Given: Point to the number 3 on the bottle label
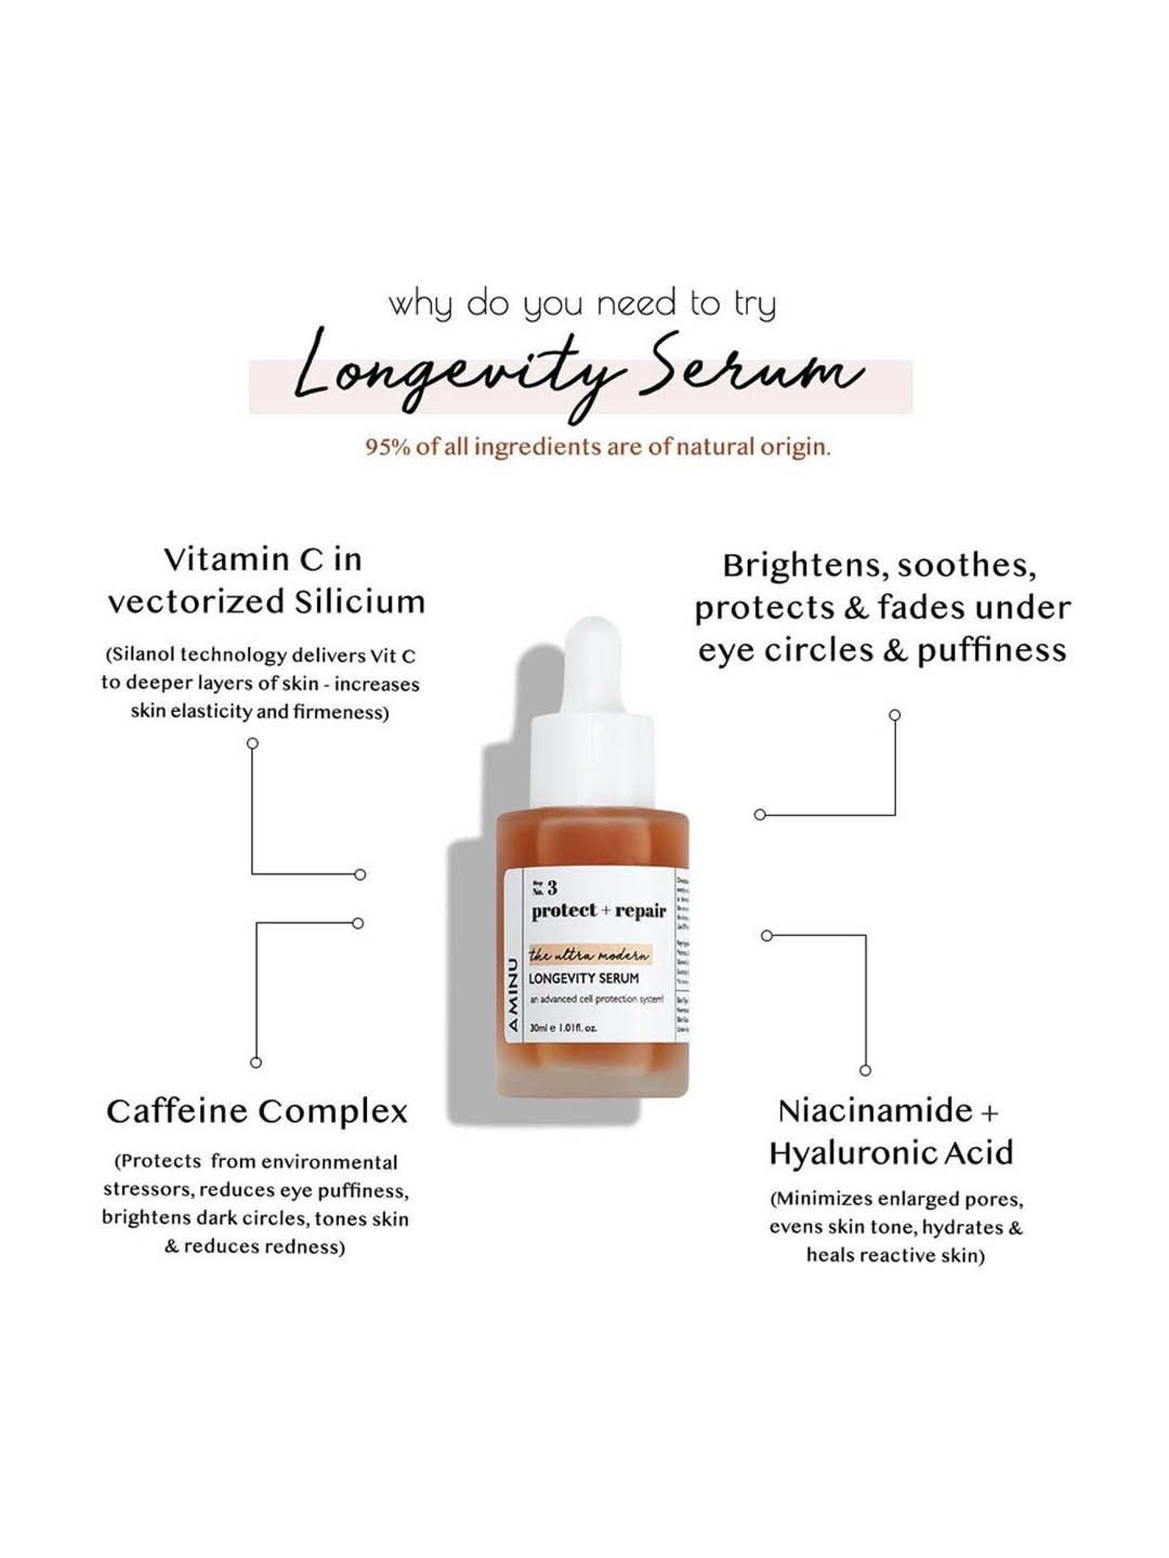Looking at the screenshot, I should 552,887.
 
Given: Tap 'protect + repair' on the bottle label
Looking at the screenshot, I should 599,911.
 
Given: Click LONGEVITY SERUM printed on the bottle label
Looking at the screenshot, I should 584,978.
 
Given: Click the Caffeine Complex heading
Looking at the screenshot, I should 257,1112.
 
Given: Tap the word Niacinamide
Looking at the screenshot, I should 875,1111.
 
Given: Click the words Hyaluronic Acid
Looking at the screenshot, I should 891,1153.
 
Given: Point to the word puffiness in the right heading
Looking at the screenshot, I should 991,650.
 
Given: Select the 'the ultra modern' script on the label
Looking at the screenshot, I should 588,955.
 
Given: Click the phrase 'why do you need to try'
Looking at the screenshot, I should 583,304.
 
